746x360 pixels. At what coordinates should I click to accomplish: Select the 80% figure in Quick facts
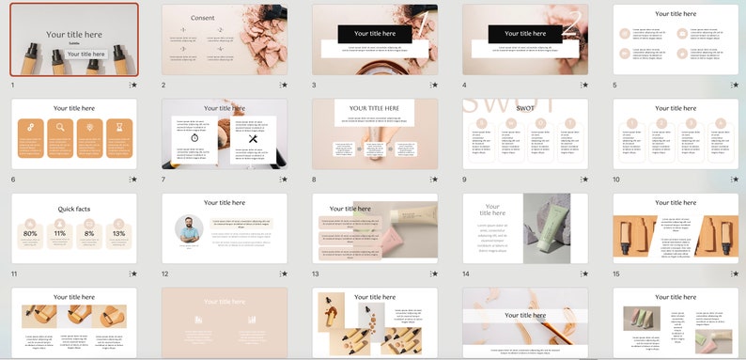30,233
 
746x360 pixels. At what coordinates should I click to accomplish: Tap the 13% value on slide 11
118,233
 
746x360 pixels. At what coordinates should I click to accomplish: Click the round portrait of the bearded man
189,228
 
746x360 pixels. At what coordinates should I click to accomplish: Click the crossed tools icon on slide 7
252,139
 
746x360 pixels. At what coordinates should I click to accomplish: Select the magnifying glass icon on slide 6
59,127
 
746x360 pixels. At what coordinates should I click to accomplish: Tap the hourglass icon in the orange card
118,127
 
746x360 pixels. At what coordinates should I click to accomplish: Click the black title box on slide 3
375,34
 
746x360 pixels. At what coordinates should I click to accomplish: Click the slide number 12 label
165,274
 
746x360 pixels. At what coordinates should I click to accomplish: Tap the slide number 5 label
615,85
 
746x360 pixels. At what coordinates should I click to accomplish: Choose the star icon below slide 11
134,274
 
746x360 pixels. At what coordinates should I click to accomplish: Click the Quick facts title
73,210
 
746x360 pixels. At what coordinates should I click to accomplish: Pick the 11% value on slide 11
59,233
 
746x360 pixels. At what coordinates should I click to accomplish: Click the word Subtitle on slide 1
74,43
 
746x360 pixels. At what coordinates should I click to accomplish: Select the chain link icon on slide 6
30,127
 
